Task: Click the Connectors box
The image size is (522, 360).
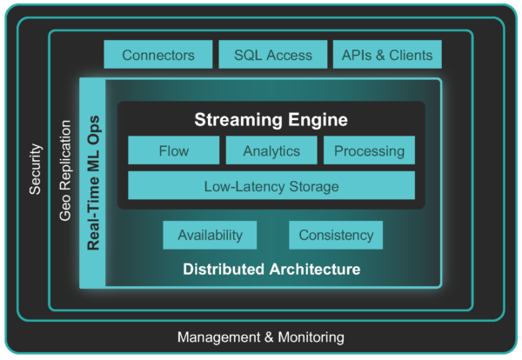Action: pyautogui.click(x=158, y=55)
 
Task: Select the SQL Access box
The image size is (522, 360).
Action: pyautogui.click(x=273, y=55)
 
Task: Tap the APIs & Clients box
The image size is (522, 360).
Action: pyautogui.click(x=388, y=55)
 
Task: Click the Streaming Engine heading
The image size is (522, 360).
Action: pyautogui.click(x=271, y=119)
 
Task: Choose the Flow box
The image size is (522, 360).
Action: pyautogui.click(x=174, y=150)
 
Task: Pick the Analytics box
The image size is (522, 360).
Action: pyautogui.click(x=271, y=150)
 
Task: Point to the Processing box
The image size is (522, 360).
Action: pyautogui.click(x=369, y=150)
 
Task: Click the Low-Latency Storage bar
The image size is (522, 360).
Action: pyautogui.click(x=271, y=185)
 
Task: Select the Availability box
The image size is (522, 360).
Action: pyautogui.click(x=210, y=235)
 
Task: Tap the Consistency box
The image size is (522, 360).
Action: pyautogui.click(x=336, y=235)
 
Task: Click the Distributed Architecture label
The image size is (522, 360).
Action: pyautogui.click(x=271, y=270)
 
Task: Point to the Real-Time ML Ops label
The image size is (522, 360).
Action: pyautogui.click(x=93, y=183)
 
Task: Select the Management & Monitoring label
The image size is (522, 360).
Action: pyautogui.click(x=261, y=337)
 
